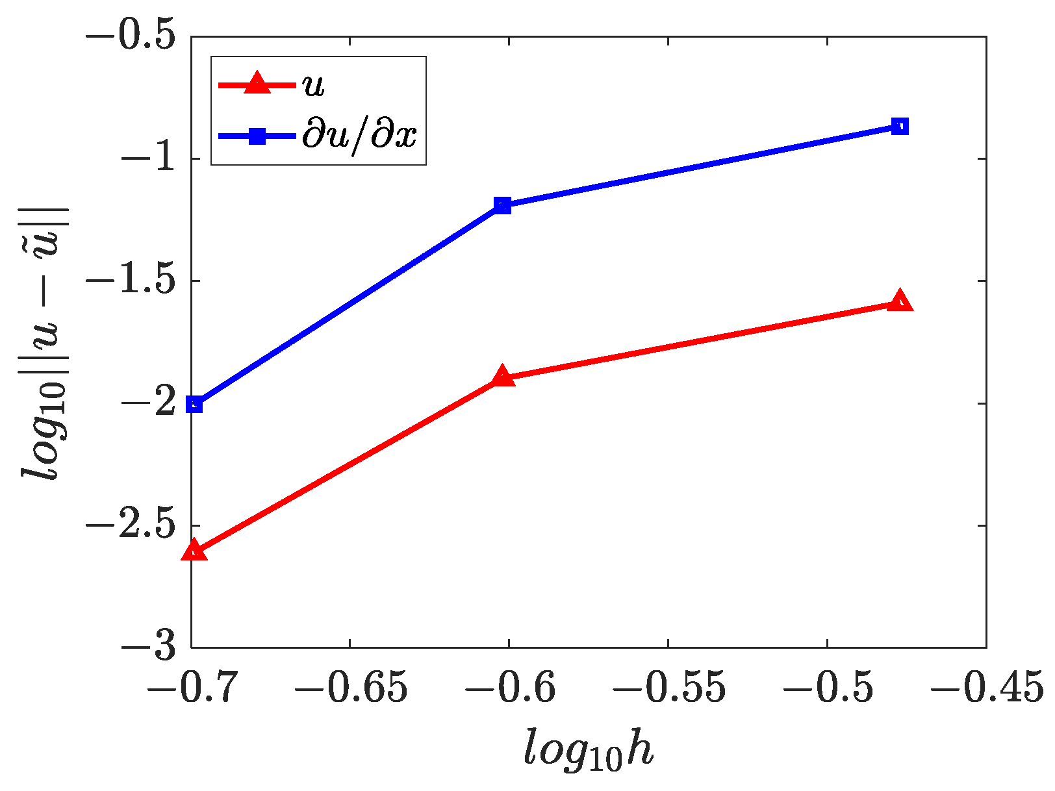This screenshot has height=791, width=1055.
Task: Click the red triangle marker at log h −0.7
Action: pyautogui.click(x=194, y=551)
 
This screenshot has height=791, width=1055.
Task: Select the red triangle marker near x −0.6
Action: pyautogui.click(x=502, y=377)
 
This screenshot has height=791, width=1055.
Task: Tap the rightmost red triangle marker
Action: pyautogui.click(x=900, y=301)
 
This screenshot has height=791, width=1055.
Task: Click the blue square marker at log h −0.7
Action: pyautogui.click(x=194, y=404)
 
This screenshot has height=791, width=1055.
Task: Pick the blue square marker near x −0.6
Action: pyautogui.click(x=502, y=206)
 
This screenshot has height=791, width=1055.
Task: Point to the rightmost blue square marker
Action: pyautogui.click(x=900, y=126)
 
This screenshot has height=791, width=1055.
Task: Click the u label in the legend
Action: pyautogui.click(x=314, y=84)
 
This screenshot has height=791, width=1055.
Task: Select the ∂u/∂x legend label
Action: pyautogui.click(x=359, y=136)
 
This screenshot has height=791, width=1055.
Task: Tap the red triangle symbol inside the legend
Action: pyautogui.click(x=257, y=84)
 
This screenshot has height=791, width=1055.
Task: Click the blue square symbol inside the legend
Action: pyautogui.click(x=257, y=136)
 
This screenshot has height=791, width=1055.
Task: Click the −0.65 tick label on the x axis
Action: pyautogui.click(x=350, y=687)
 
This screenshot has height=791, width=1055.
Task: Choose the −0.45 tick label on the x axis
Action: pyautogui.click(x=986, y=687)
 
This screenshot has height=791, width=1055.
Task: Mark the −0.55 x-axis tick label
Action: pyautogui.click(x=668, y=687)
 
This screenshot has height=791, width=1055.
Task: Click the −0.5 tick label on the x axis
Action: pyautogui.click(x=827, y=687)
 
